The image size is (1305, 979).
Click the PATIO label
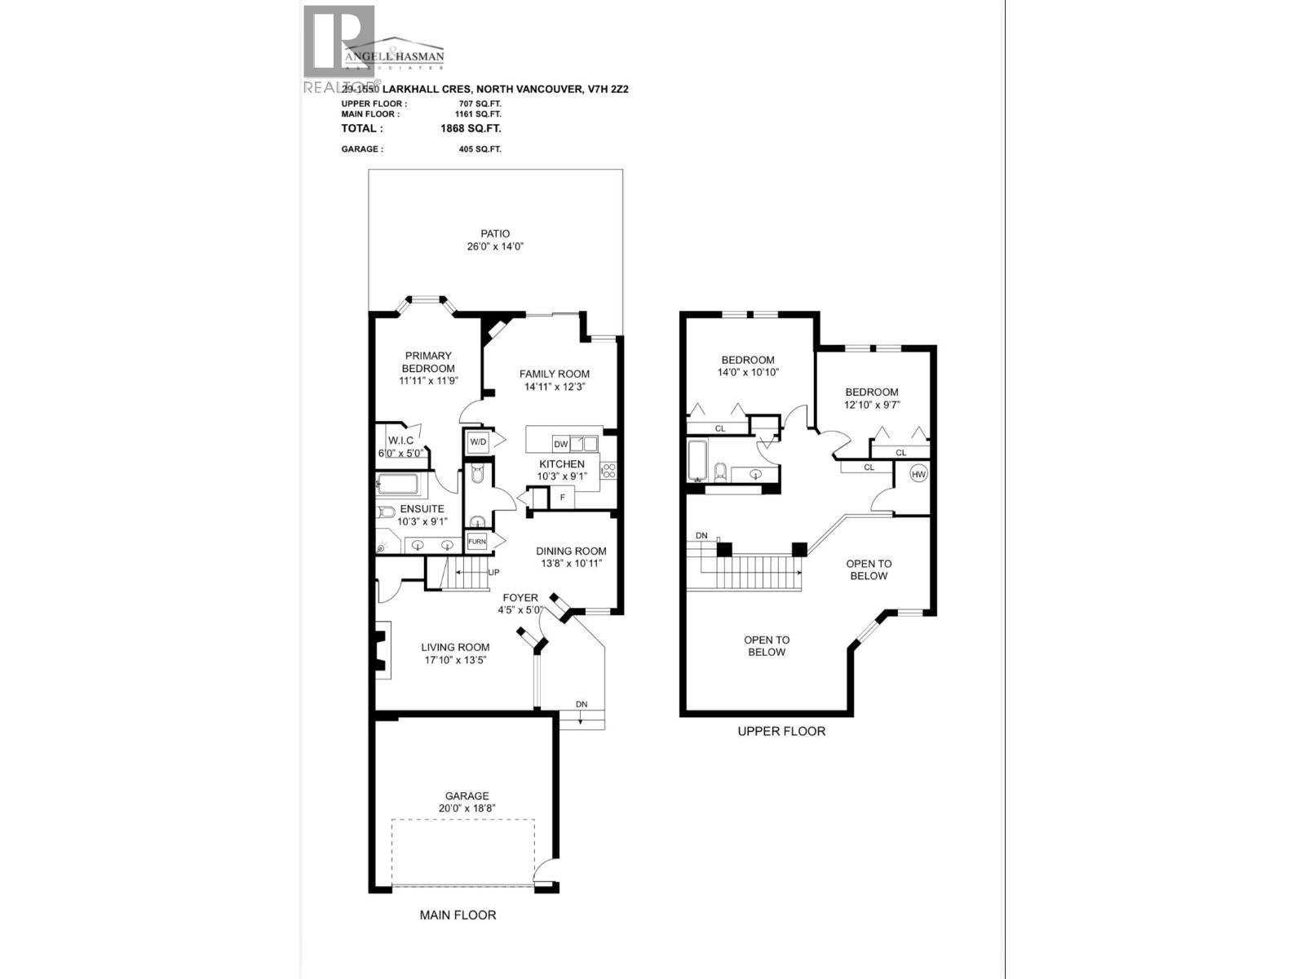(495, 234)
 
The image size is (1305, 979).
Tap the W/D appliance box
(477, 442)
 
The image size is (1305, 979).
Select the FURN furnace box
(476, 542)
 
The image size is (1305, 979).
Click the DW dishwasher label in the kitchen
(560, 445)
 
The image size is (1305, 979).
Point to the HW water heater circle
(918, 474)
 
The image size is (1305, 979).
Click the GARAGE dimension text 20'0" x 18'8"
(467, 808)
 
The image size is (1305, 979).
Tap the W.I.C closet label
(400, 441)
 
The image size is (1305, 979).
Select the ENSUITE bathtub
(398, 485)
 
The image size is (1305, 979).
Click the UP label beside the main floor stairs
(493, 573)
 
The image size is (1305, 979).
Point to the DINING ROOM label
(571, 551)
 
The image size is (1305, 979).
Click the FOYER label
(520, 598)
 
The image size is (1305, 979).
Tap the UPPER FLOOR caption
(781, 732)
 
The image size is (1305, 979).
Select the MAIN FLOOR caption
(458, 915)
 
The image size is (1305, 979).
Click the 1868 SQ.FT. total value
(471, 128)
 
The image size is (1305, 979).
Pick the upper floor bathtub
(697, 461)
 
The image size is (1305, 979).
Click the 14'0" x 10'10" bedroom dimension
(748, 372)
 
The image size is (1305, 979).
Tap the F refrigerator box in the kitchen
(562, 497)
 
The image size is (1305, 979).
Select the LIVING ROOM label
(455, 647)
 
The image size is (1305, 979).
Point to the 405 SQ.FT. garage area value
(480, 149)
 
